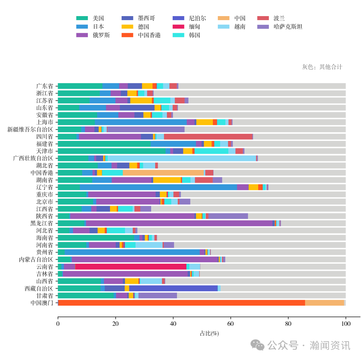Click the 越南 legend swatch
pyautogui.click(x=223, y=27)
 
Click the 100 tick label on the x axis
pyautogui.click(x=346, y=324)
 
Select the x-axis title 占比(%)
pyautogui.click(x=209, y=333)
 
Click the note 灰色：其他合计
pyautogui.click(x=322, y=67)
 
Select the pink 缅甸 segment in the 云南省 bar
pyautogui.click(x=131, y=267)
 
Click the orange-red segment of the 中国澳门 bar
pyautogui.click(x=181, y=303)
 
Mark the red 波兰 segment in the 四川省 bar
pyautogui.click(x=208, y=137)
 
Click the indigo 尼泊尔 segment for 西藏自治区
pyautogui.click(x=173, y=289)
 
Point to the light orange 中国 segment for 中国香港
pyautogui.click(x=163, y=173)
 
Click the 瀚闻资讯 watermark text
pyautogui.click(x=330, y=345)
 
